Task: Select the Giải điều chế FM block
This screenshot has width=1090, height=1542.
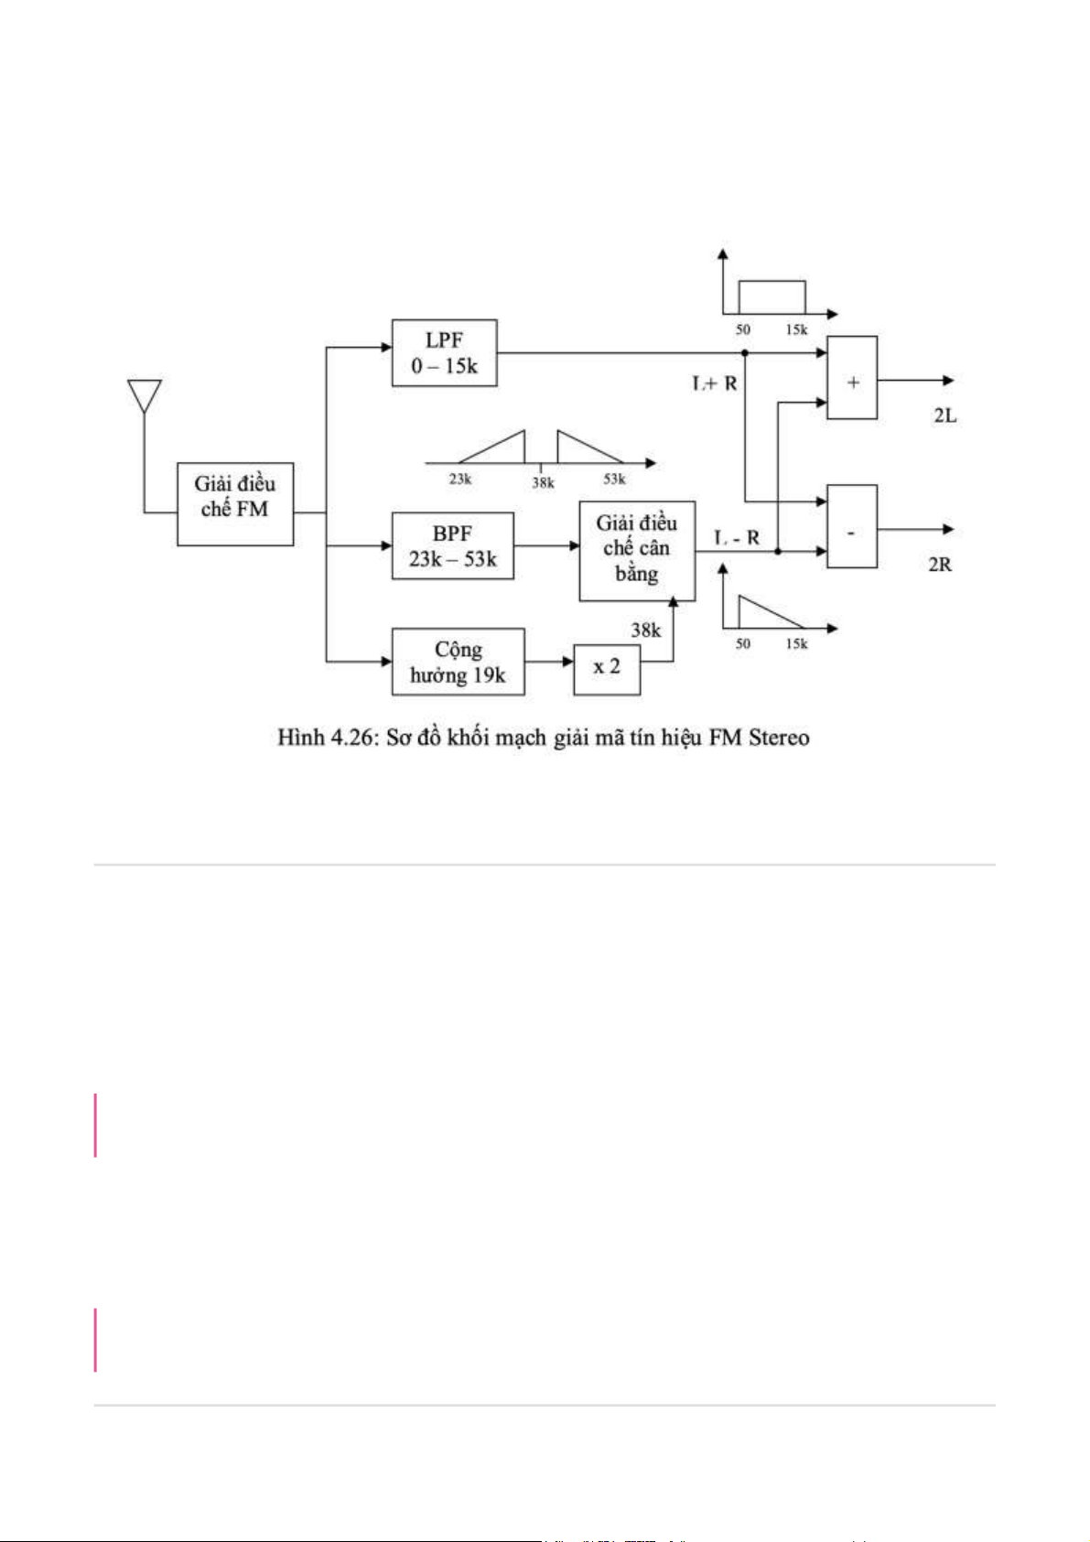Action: coord(235,504)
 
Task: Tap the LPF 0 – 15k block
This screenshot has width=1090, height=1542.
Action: coord(444,353)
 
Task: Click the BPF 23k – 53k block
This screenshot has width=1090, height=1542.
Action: coord(452,546)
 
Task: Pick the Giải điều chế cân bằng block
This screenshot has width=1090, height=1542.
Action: coord(637,550)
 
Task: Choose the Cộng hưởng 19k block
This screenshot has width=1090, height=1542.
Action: coord(458,662)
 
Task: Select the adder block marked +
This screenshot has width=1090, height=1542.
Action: coord(852,378)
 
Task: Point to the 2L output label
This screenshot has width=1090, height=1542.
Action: coord(944,415)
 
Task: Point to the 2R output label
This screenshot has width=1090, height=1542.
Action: coord(940,564)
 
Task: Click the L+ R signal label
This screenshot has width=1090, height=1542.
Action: coord(715,383)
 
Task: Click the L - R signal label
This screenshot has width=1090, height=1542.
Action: coord(737,537)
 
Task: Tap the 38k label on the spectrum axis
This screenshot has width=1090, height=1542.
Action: coord(543,482)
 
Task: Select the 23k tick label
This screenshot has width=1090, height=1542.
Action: coord(460,480)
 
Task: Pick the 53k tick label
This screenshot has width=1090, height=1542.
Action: coord(614,480)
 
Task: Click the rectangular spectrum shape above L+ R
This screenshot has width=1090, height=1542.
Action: coord(772,297)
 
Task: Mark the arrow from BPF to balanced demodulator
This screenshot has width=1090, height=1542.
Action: coord(546,546)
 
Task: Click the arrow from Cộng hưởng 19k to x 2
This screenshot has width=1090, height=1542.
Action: coord(549,662)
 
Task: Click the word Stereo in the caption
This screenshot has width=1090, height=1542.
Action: coord(778,738)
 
